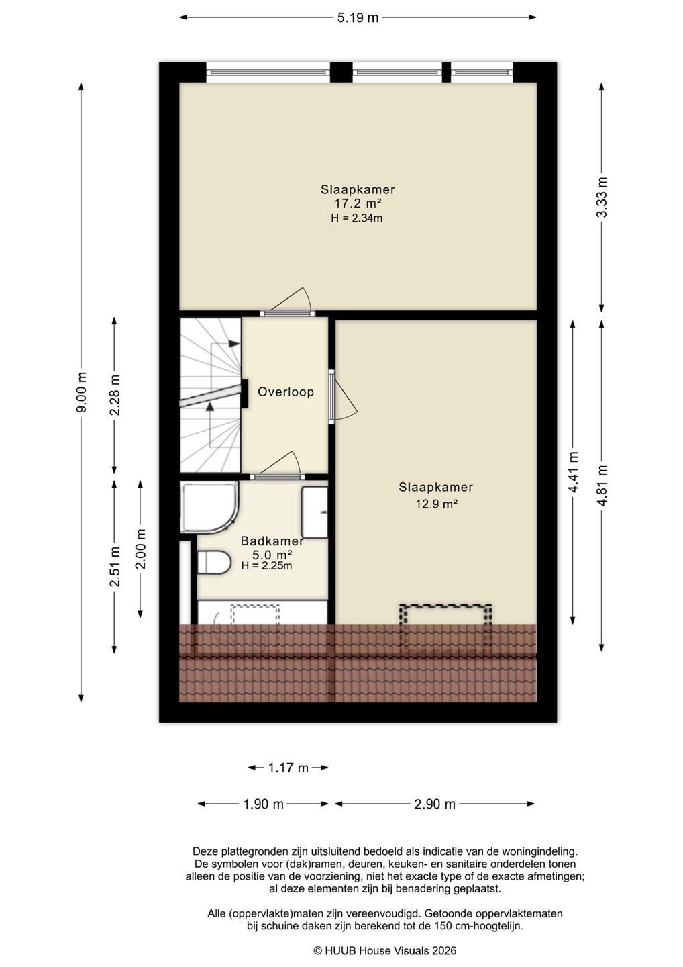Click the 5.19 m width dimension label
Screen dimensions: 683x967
click(358, 17)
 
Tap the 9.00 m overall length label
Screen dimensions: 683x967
click(81, 392)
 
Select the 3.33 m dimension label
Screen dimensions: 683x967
click(602, 197)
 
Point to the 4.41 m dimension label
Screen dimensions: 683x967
click(572, 472)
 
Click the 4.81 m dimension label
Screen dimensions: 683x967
click(602, 486)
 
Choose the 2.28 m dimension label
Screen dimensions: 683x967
click(114, 395)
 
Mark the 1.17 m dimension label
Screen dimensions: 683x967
click(288, 768)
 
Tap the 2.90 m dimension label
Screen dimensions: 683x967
click(435, 804)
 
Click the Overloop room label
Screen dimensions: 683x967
click(285, 392)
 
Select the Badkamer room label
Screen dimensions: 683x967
click(272, 541)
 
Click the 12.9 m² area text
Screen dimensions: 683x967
click(436, 504)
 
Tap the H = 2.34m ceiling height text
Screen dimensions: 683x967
click(356, 218)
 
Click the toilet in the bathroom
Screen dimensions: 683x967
click(215, 562)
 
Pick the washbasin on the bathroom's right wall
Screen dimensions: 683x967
click(315, 512)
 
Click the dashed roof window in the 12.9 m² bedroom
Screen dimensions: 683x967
click(445, 628)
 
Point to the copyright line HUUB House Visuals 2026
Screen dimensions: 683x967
click(384, 950)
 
